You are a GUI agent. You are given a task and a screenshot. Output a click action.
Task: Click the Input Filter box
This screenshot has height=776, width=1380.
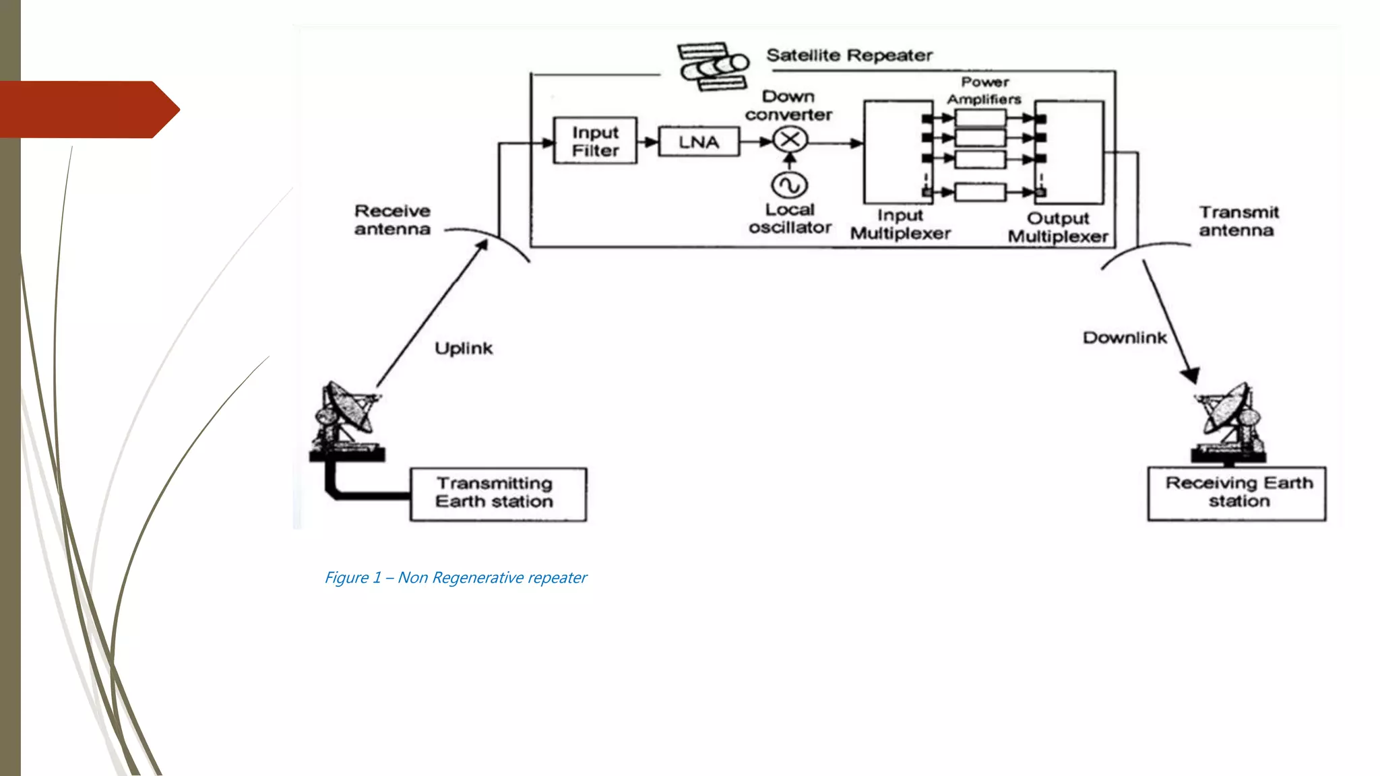click(595, 141)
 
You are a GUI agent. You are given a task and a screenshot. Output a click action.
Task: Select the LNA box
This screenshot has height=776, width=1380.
click(698, 142)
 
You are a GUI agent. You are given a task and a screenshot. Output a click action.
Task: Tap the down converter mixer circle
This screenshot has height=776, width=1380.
click(790, 140)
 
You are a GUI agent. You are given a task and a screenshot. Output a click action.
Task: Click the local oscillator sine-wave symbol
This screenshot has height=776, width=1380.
click(790, 185)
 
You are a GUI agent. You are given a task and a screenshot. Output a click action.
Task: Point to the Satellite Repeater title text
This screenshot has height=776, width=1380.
click(849, 55)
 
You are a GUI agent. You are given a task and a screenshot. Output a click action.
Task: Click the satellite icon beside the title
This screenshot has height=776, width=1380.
click(714, 66)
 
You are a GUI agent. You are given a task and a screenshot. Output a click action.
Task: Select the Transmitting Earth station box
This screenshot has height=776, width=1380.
click(498, 494)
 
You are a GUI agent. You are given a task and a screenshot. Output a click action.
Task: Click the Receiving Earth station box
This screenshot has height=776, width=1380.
click(1237, 493)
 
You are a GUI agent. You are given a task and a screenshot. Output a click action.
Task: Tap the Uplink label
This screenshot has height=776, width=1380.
click(464, 348)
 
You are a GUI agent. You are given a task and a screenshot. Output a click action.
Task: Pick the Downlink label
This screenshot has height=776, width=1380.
click(1124, 337)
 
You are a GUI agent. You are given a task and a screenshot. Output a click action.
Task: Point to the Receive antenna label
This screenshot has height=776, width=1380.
click(392, 220)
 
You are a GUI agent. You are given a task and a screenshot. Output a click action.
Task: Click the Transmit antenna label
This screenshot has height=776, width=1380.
click(1238, 222)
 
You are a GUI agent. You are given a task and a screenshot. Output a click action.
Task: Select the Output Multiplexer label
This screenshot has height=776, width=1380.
click(1058, 228)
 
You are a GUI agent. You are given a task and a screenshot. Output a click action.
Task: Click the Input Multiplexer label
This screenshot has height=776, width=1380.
click(900, 224)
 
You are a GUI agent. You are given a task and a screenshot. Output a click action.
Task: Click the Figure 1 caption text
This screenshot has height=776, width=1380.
click(456, 577)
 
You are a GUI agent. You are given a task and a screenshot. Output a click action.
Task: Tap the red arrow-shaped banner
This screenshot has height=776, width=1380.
click(88, 110)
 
